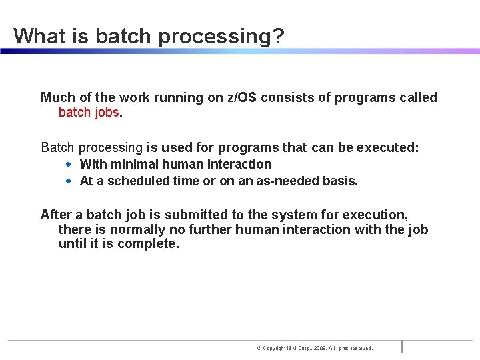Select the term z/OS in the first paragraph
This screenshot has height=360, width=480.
coord(242,97)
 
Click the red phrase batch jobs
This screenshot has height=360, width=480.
coord(89,112)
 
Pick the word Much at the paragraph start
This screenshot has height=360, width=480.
coord(57,97)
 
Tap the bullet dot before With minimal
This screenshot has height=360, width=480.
coord(69,164)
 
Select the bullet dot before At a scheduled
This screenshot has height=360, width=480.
coord(69,181)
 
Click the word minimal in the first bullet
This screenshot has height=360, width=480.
coord(135,164)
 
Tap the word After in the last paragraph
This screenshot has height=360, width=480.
coord(55,215)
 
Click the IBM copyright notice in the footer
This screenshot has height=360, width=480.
coord(315,348)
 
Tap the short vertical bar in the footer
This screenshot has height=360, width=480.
coord(402,346)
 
